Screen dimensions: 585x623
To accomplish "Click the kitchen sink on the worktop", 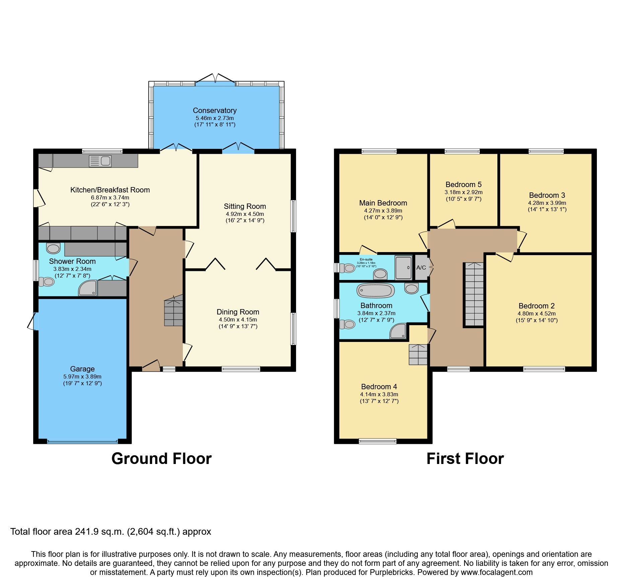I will (100, 161).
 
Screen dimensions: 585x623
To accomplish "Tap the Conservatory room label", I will (215, 110).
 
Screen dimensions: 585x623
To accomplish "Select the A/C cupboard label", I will (421, 268).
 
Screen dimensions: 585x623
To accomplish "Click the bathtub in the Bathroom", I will (375, 290).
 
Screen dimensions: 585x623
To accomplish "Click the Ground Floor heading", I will (161, 459).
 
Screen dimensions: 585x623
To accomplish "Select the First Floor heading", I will (465, 459).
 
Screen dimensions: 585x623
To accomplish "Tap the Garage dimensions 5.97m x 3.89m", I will (82, 376).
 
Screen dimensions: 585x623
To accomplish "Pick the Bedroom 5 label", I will (463, 184).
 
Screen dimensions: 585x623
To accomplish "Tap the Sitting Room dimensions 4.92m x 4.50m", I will (245, 214).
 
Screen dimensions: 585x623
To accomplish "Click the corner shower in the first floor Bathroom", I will (398, 331).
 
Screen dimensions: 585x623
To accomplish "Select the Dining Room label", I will (238, 312).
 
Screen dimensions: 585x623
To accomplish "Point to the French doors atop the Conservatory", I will (215, 78).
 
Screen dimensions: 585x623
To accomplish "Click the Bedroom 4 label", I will (379, 387).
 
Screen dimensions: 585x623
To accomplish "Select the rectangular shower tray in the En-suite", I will (403, 268).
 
